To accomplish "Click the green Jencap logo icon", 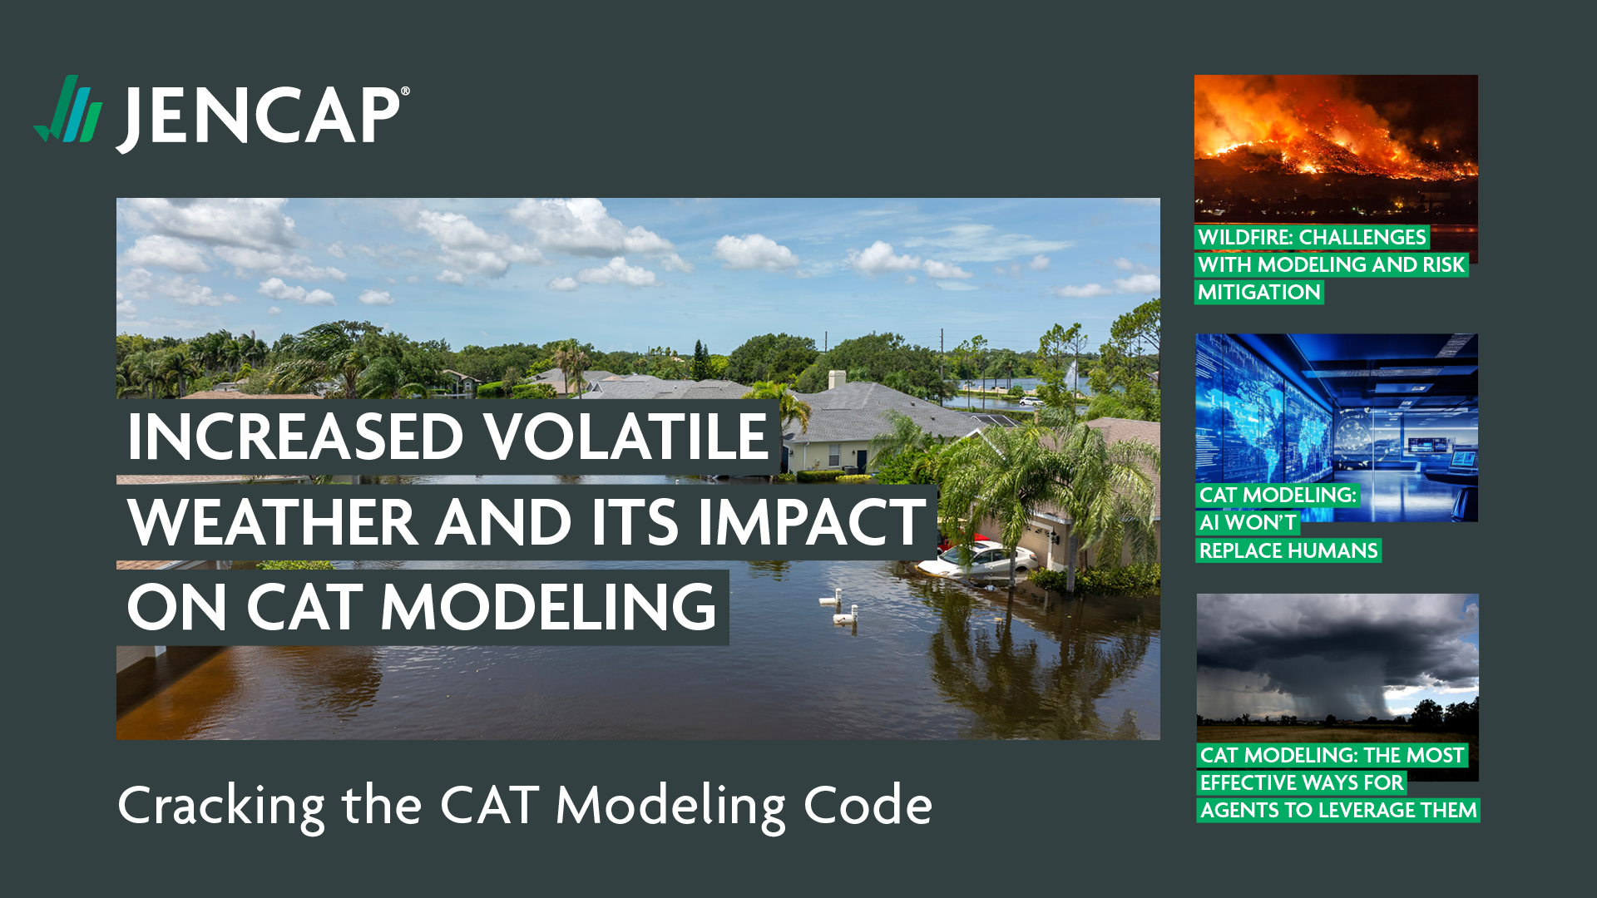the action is click(x=67, y=109).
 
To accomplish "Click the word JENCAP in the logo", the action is click(x=259, y=117).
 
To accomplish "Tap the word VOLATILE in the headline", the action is click(x=626, y=437).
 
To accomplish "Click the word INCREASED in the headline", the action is click(x=295, y=437).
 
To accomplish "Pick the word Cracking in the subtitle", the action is click(x=221, y=807).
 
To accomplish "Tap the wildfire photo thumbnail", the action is click(x=1336, y=150).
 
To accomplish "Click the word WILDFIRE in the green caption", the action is click(x=1245, y=238).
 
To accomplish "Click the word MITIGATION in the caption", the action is click(x=1259, y=293).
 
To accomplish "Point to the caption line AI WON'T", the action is click(x=1248, y=523).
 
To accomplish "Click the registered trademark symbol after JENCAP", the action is click(x=405, y=91).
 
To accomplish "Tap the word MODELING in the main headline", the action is click(x=548, y=607).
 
